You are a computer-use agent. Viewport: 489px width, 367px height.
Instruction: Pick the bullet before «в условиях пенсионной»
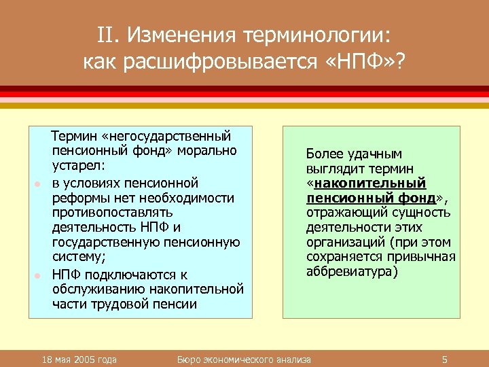pyautogui.click(x=38, y=184)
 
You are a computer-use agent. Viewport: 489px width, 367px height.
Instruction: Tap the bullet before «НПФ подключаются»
pyautogui.click(x=38, y=275)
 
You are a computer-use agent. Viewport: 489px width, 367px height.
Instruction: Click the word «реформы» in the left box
pyautogui.click(x=76, y=198)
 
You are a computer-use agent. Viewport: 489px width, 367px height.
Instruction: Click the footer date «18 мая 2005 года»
pyautogui.click(x=78, y=359)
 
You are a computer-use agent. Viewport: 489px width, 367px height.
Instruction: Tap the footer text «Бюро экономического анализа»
pyautogui.click(x=244, y=359)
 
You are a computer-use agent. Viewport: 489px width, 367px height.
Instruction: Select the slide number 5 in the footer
pyautogui.click(x=443, y=359)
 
